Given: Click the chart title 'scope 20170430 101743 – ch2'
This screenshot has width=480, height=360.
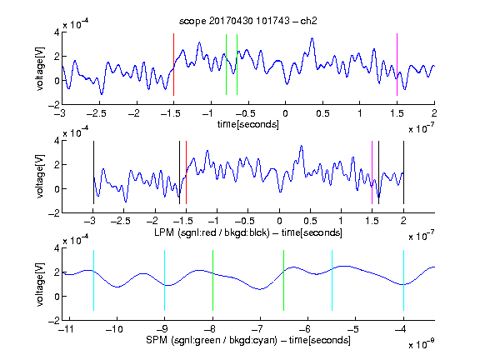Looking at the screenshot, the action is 248,21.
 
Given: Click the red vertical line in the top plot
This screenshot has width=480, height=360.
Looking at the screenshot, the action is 173,65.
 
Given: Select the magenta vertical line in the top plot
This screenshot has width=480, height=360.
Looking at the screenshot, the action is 397,65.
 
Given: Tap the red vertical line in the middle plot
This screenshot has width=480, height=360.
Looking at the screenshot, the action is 186,172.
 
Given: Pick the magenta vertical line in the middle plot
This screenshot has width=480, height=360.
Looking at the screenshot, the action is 372,172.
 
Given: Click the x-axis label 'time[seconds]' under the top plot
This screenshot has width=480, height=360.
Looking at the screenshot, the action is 248,124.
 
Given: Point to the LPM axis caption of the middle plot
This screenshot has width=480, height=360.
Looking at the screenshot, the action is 248,232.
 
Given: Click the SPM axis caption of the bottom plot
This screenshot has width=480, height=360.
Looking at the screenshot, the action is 248,340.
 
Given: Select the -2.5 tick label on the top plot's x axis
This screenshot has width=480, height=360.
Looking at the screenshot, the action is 97,113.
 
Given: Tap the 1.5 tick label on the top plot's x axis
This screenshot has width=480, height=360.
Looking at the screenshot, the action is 397,113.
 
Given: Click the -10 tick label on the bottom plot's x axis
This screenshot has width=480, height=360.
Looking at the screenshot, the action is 114,329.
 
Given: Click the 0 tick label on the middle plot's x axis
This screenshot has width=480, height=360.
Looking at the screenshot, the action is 279,221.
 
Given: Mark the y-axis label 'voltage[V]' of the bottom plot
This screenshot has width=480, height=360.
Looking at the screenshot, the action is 40,284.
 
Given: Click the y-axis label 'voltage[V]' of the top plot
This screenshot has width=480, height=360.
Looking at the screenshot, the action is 40,68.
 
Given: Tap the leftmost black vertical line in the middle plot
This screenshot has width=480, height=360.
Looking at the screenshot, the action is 93,172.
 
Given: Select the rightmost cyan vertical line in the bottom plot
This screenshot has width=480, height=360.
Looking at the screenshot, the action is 403,280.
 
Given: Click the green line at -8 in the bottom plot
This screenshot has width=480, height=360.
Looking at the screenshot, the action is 212,280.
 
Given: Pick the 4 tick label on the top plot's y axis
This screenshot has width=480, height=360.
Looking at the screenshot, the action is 57,32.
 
